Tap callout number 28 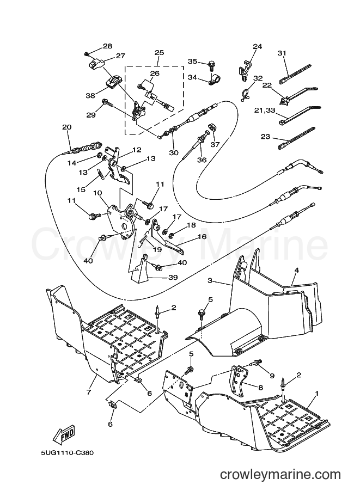click(107, 46)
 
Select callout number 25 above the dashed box click(159, 52)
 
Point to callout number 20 click(66, 127)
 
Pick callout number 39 click(172, 278)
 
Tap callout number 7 click(88, 392)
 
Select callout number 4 click(297, 270)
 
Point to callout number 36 click(202, 159)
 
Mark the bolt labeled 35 click(211, 65)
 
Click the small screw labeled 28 click(86, 54)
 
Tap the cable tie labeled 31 click(295, 73)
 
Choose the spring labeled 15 click(100, 174)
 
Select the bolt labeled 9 click(256, 364)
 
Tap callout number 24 click(258, 46)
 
